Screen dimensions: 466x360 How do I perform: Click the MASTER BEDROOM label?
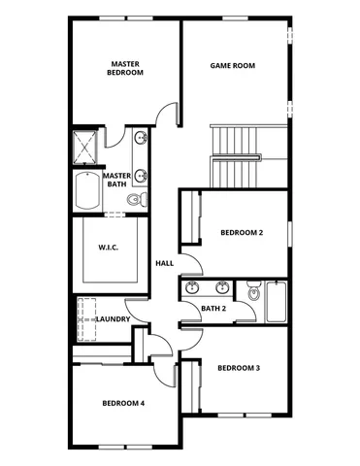point(125,67)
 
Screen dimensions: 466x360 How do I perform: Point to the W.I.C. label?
point(108,247)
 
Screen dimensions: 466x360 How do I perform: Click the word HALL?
point(164,262)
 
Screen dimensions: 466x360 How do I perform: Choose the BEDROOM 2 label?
point(242,232)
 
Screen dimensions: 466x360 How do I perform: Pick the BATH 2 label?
point(213,309)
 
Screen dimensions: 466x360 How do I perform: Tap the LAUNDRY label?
point(114,318)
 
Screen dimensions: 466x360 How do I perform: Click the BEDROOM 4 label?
point(124,402)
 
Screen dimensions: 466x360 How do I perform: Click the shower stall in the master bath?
point(85,148)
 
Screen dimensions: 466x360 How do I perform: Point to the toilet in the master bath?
point(137,199)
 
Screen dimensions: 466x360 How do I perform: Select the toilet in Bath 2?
point(254,290)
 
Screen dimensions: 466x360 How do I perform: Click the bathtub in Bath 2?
point(275,301)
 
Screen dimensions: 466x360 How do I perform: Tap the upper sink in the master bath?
point(142,139)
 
